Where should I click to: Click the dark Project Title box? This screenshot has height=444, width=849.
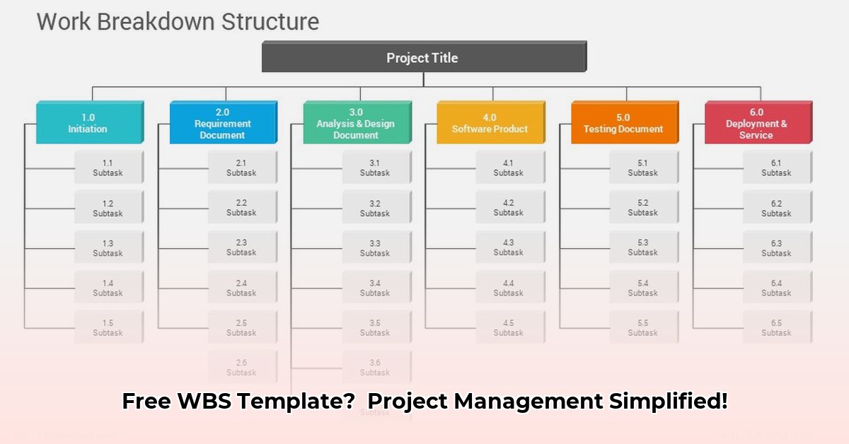coord(422,57)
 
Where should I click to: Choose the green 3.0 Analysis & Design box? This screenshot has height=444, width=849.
coord(356,123)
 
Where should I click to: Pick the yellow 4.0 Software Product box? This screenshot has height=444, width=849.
coord(490,123)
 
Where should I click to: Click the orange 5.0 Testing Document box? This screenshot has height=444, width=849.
coord(623,123)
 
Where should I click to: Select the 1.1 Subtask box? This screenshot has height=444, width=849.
coord(108,168)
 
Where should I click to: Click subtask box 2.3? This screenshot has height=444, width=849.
coord(241,247)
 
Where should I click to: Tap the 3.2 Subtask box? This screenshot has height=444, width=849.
coord(375,208)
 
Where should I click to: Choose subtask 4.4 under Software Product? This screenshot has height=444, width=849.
coord(509,288)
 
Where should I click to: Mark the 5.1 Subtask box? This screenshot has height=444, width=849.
coord(642,168)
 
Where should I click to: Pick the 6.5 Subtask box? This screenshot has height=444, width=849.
coord(776,327)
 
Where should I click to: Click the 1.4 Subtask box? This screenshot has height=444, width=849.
coord(108,288)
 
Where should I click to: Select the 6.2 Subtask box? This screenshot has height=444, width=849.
coord(776,208)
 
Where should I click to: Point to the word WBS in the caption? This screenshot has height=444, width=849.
coord(200,401)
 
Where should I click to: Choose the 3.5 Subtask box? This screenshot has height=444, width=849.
coord(375,327)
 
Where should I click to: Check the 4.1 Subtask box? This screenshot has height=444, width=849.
coord(509,168)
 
